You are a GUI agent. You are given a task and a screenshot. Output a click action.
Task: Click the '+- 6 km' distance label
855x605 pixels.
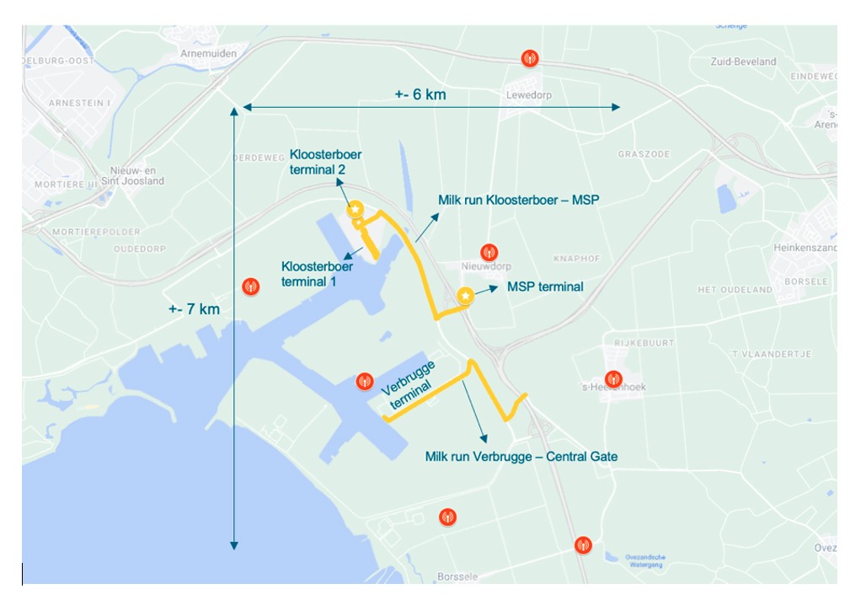click(419, 94)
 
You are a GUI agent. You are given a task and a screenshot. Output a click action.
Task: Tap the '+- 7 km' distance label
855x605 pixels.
click(193, 309)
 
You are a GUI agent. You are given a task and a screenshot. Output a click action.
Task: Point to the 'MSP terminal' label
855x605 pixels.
click(545, 286)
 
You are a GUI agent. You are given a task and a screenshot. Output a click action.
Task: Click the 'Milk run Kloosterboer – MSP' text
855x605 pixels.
click(517, 201)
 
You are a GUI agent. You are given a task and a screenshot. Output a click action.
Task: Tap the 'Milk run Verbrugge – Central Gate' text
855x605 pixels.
click(521, 457)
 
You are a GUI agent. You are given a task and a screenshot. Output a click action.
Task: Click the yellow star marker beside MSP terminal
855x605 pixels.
click(465, 296)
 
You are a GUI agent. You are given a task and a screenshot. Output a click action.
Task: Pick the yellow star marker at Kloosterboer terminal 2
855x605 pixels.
click(355, 208)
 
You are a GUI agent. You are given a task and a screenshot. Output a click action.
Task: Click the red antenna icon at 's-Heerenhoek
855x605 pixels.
click(613, 379)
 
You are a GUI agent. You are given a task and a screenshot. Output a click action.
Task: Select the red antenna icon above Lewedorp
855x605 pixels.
click(530, 58)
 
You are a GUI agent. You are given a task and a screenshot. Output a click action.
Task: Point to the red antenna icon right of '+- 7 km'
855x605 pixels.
click(250, 286)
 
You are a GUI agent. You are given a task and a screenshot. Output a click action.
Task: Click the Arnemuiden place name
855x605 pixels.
click(208, 53)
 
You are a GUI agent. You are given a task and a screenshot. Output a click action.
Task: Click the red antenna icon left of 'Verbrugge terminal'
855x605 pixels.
click(364, 380)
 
